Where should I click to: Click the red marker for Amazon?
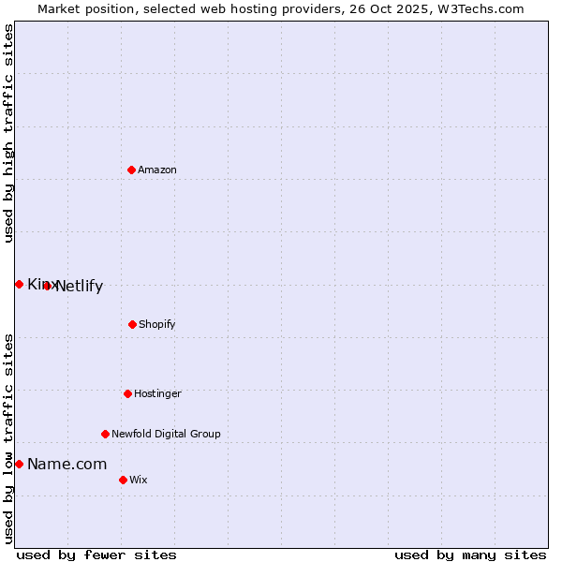131,170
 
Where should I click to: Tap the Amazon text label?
157,170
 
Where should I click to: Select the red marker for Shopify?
132,324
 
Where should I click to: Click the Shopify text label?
157,325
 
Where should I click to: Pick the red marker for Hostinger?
127,393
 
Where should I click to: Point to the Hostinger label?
157,394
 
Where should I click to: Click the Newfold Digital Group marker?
105,434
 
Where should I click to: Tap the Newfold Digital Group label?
166,435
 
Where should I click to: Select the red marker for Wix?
123,480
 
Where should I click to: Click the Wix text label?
139,481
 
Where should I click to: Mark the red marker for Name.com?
19,464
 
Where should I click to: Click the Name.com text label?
67,465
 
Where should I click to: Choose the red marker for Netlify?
47,286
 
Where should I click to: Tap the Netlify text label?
79,287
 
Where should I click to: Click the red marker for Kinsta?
19,284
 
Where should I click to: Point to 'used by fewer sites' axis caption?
96,555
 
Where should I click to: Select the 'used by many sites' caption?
470,555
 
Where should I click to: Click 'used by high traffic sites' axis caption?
8,133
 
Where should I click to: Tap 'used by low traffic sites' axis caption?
8,438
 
